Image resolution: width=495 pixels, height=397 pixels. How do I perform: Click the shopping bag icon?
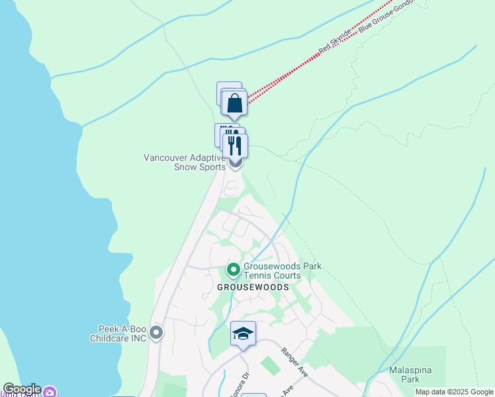coord(235,104)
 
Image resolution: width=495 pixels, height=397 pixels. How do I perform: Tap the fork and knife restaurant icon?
coord(235,145)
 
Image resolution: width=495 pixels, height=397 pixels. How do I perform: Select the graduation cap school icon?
coord(243,334)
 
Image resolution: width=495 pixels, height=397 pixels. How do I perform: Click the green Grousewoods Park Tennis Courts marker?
coord(233,270)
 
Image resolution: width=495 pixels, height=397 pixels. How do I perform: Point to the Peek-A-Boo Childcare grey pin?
coord(156,332)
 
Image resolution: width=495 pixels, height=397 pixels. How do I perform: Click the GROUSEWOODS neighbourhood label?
coord(253,287)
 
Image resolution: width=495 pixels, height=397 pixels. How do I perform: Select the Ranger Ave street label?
coord(294,363)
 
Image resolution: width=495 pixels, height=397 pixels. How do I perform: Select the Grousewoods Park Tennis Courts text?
coord(281,271)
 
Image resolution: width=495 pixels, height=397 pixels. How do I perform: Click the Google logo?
coord(22,389)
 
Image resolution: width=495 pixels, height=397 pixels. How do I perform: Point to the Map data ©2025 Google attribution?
coord(454,392)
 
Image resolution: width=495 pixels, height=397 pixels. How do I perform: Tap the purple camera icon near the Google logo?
coord(50,392)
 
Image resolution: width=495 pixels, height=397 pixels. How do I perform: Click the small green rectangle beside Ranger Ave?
coord(270,365)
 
